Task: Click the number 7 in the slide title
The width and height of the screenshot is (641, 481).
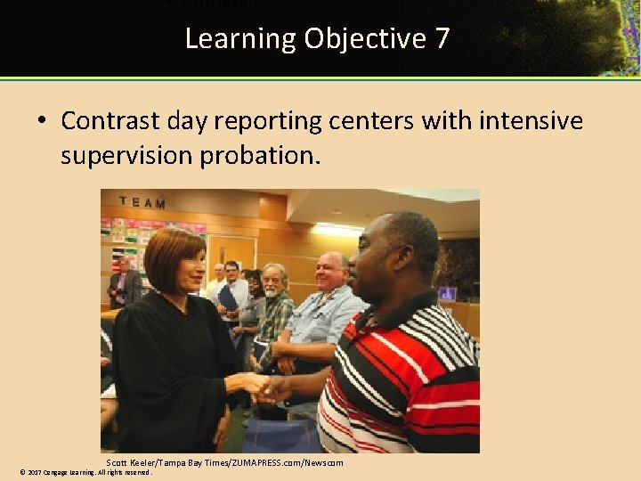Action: (x=442, y=39)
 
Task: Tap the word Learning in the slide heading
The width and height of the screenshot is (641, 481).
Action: (x=240, y=39)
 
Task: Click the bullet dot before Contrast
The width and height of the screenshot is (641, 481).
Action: (x=44, y=121)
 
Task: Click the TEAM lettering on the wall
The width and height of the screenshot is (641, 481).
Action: (x=142, y=203)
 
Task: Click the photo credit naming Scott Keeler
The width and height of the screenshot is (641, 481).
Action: (x=224, y=462)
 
